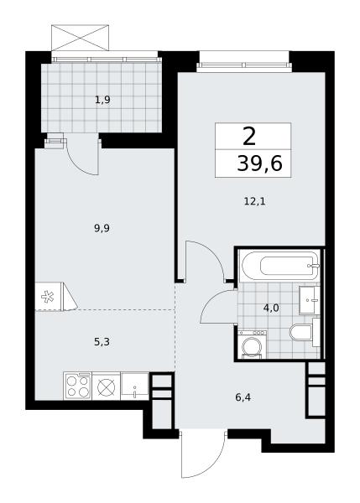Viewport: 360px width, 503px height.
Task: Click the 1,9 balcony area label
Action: pyautogui.click(x=102, y=101)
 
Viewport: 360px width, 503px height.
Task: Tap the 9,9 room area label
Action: pyautogui.click(x=102, y=229)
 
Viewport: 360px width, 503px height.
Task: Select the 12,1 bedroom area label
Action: pyautogui.click(x=256, y=202)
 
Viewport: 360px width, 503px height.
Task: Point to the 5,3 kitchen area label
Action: pyautogui.click(x=102, y=342)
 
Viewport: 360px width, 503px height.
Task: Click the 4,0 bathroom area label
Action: pyautogui.click(x=271, y=309)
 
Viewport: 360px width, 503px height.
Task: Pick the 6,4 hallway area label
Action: pyautogui.click(x=243, y=397)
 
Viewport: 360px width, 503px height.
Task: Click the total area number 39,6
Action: pyautogui.click(x=259, y=163)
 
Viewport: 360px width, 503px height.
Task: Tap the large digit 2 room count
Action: pyautogui.click(x=249, y=137)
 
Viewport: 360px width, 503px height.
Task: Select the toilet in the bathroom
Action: pyautogui.click(x=302, y=332)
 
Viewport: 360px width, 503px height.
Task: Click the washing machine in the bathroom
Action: pyautogui.click(x=253, y=345)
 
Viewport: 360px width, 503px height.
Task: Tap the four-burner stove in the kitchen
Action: pyautogui.click(x=77, y=386)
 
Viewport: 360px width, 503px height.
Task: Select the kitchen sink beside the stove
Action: pyautogui.click(x=134, y=386)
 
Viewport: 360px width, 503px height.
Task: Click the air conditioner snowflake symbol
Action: pyautogui.click(x=48, y=297)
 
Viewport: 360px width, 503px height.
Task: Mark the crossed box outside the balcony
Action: pyautogui.click(x=80, y=38)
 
